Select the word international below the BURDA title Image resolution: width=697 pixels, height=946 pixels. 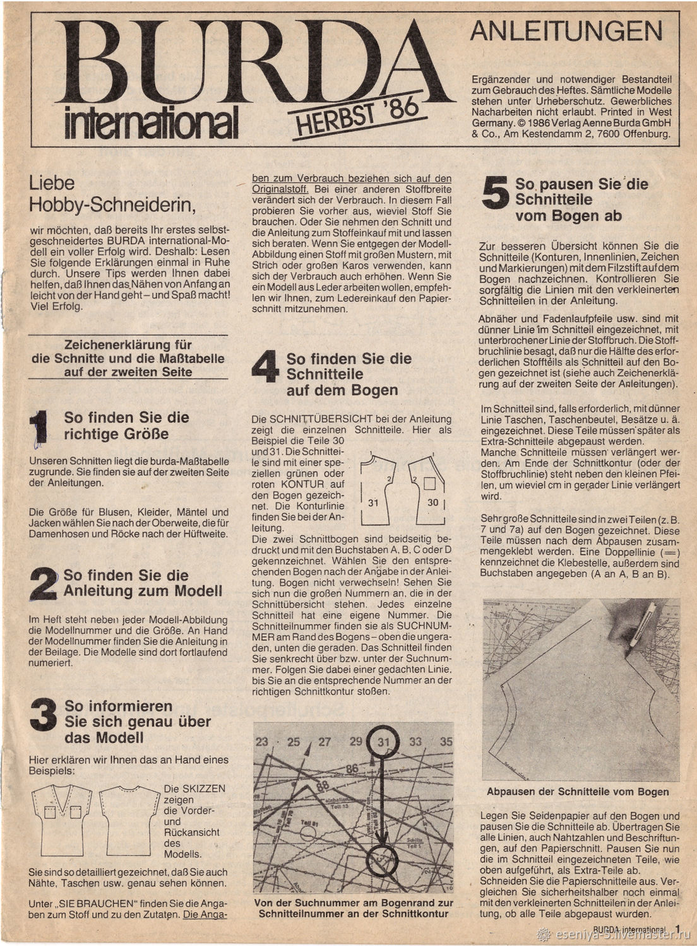click(152, 122)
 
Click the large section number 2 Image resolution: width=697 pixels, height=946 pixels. click(43, 583)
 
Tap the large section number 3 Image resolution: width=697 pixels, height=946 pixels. click(43, 715)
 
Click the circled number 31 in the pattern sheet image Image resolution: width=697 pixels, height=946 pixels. click(384, 742)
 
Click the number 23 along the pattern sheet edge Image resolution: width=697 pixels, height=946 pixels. click(262, 742)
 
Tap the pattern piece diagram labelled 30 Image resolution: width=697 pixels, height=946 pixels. click(428, 489)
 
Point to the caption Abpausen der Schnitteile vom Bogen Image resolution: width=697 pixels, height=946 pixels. click(578, 792)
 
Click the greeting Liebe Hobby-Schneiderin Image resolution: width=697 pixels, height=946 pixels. click(109, 193)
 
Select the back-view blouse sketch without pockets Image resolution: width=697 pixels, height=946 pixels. click(131, 821)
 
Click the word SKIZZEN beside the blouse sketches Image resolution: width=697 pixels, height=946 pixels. click(194, 789)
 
